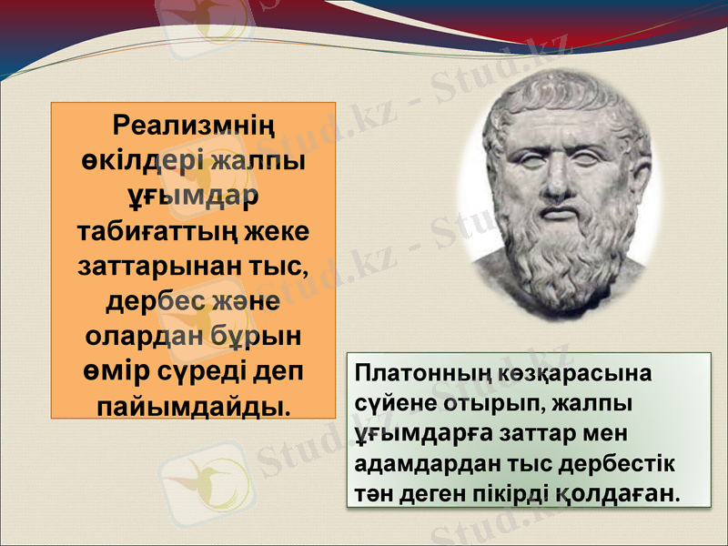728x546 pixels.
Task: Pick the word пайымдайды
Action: [x=193, y=405]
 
